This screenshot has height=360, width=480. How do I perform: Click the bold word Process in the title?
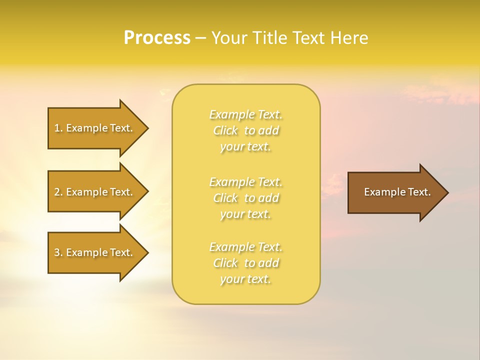click(x=157, y=38)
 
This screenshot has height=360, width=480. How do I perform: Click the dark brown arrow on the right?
click(x=395, y=192)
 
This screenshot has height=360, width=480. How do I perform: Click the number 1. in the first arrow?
click(x=58, y=128)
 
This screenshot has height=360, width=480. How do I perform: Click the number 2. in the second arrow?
click(x=58, y=192)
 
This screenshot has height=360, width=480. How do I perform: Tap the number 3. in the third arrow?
click(x=58, y=252)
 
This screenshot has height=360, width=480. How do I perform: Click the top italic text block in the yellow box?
click(x=245, y=130)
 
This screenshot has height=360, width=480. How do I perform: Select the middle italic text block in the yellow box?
click(x=245, y=198)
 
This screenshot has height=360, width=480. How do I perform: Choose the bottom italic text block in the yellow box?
click(x=245, y=263)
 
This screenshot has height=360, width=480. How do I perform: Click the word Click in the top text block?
click(x=226, y=131)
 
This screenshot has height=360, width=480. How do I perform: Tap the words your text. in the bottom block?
click(x=245, y=279)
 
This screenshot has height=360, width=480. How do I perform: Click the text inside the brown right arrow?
click(x=397, y=192)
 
